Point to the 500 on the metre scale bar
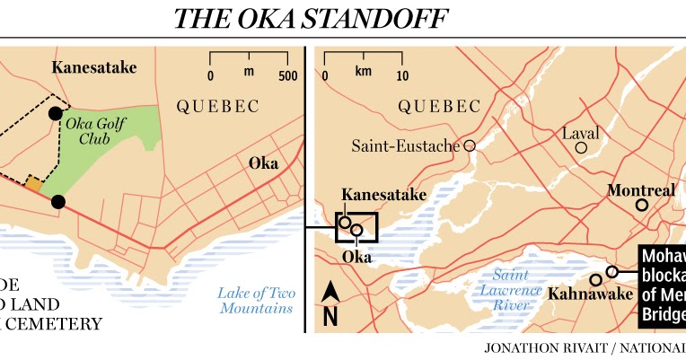click(287, 75)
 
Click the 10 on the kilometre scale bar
click(402, 75)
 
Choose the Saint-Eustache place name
click(405, 145)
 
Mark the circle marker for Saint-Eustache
click(469, 145)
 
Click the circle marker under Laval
click(582, 148)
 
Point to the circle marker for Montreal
click(641, 206)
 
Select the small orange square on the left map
click(33, 184)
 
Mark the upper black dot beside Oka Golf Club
click(56, 114)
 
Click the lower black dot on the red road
click(58, 202)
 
